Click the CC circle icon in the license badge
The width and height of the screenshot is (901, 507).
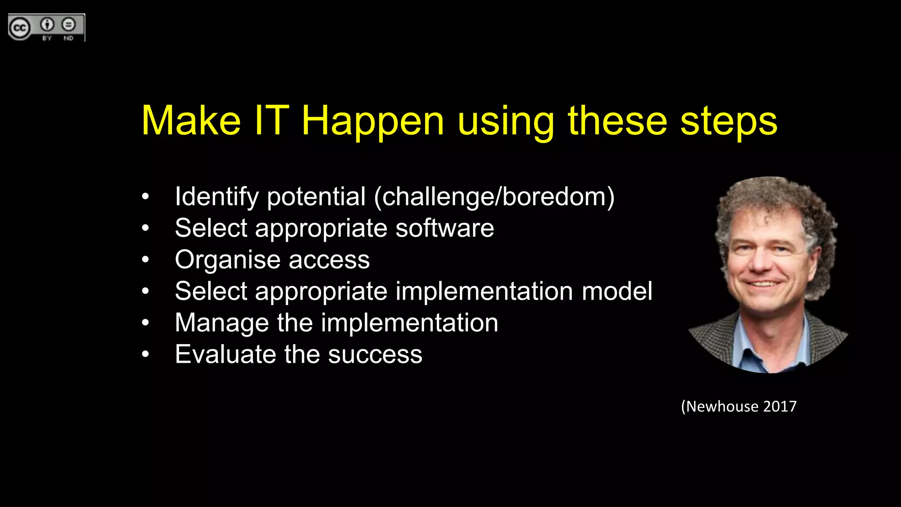point(19,29)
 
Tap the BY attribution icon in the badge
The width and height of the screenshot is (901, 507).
point(48,25)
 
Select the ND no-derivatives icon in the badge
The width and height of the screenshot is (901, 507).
point(68,25)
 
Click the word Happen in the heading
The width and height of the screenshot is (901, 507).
point(373,121)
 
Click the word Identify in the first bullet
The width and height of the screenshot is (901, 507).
point(217,197)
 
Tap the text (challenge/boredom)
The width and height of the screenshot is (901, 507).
point(494,197)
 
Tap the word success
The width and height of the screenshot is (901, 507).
point(375,355)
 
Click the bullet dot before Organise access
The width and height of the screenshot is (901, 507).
point(146,260)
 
